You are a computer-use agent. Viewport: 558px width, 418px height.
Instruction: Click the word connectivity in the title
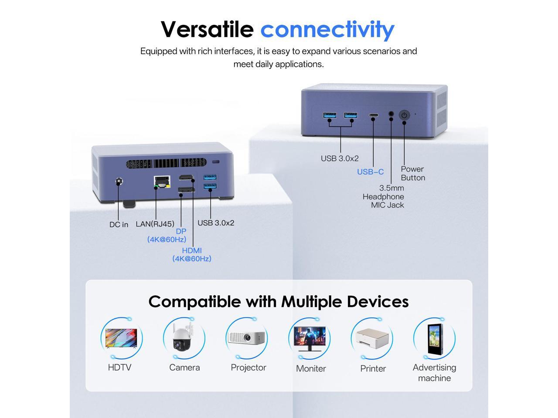click(x=327, y=29)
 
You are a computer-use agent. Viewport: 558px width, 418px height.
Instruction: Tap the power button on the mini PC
click(x=405, y=115)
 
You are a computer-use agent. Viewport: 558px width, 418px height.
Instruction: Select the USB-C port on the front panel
click(x=373, y=116)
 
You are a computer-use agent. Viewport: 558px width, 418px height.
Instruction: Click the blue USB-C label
click(x=371, y=172)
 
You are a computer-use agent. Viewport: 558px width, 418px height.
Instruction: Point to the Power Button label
click(x=412, y=173)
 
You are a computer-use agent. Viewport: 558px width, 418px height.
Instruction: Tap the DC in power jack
click(x=118, y=182)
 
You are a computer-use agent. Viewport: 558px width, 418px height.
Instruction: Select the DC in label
click(x=119, y=225)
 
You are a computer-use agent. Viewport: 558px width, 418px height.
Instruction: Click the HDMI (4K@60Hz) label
click(x=192, y=254)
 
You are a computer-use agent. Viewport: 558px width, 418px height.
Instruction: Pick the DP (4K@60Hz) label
click(x=167, y=235)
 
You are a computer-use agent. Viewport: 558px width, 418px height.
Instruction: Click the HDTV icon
click(x=121, y=338)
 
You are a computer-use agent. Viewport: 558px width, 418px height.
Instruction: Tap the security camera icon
click(x=184, y=338)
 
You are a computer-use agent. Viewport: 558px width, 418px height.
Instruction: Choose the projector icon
click(x=247, y=338)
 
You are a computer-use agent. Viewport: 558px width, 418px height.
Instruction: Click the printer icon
click(x=371, y=338)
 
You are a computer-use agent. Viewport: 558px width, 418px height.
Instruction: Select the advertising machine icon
click(x=434, y=338)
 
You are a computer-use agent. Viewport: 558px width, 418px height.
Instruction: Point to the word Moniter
click(x=311, y=368)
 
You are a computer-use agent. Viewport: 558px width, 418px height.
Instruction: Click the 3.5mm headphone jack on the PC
click(x=391, y=115)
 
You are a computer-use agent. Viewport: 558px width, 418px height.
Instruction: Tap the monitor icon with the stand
click(x=309, y=338)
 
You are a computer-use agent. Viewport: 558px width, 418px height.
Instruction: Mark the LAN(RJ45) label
click(x=155, y=224)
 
